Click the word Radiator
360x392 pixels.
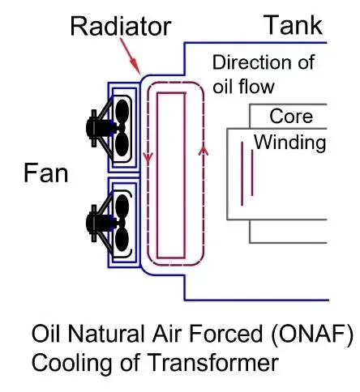click(x=121, y=27)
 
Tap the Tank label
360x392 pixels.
click(x=293, y=25)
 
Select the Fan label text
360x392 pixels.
click(x=45, y=173)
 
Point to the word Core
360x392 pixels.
click(x=291, y=117)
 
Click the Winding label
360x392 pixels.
click(x=289, y=143)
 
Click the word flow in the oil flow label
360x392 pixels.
click(x=256, y=87)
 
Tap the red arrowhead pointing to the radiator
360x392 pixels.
click(x=136, y=66)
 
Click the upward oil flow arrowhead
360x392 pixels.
click(x=204, y=151)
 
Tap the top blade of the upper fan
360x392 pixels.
click(x=122, y=111)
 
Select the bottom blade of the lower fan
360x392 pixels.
click(x=122, y=239)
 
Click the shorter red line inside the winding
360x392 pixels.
click(x=252, y=173)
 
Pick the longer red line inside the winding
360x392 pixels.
click(x=242, y=173)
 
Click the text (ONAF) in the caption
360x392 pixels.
click(x=312, y=334)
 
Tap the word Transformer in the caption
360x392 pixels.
click(x=213, y=363)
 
